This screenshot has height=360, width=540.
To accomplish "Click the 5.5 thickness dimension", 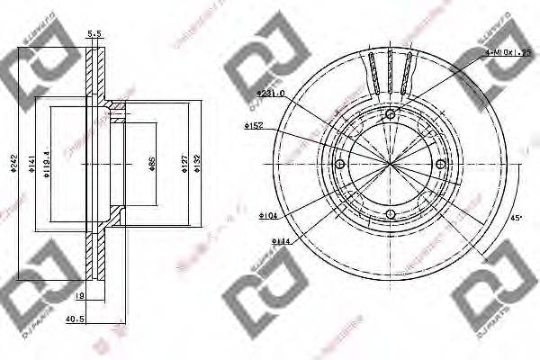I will point(93,33).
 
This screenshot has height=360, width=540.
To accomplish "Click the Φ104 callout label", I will point(267,216).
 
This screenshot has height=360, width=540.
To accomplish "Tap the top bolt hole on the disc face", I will point(391,114).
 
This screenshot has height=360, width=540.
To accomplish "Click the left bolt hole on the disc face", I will point(339,165).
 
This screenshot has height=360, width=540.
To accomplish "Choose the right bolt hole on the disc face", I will point(442,165).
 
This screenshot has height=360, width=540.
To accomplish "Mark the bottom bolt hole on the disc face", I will point(391,214).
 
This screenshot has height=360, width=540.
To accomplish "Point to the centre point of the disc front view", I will point(391,165).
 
